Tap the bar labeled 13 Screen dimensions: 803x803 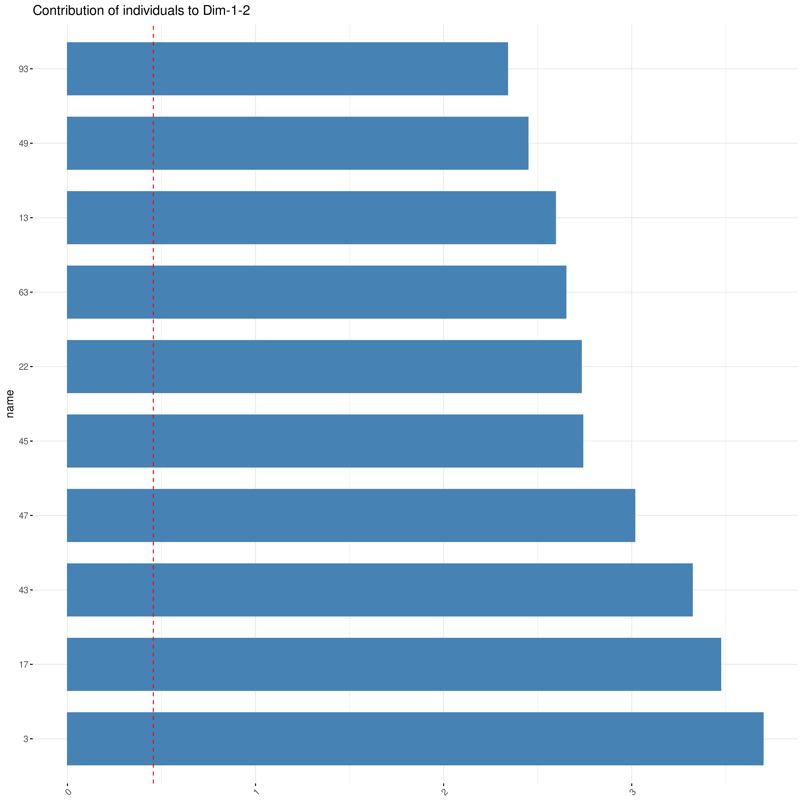tap(311, 217)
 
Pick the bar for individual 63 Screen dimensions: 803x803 tap(316, 292)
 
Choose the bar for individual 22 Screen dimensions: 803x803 tap(324, 366)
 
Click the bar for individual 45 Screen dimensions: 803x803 tap(324, 441)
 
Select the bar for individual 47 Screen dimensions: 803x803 tap(351, 515)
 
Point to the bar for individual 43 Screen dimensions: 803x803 tap(379, 590)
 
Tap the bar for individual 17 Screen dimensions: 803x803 tap(394, 664)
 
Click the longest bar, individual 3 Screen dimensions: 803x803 tap(415, 739)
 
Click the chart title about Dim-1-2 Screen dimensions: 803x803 tap(141, 11)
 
